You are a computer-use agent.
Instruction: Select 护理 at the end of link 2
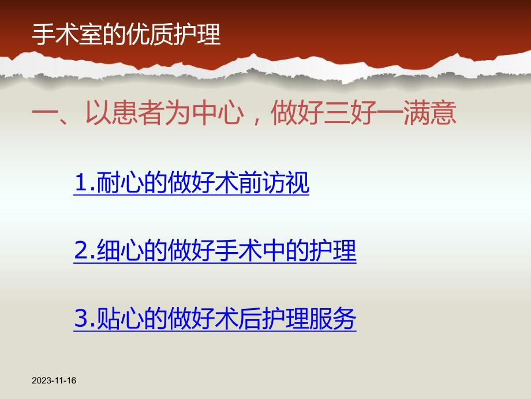[334, 252]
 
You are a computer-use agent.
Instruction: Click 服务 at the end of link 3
[334, 319]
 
